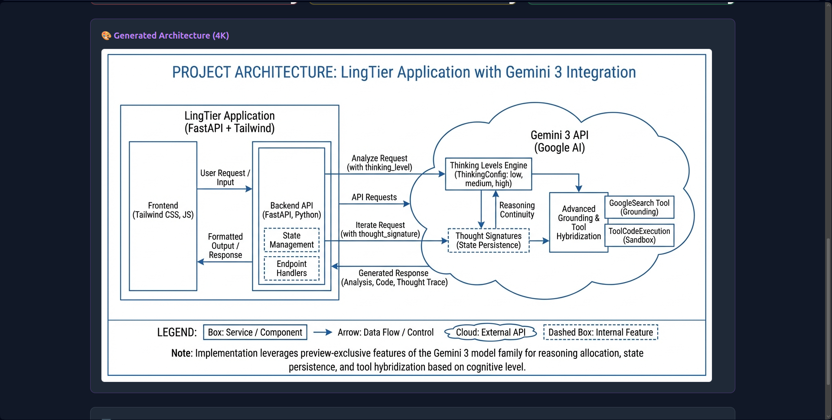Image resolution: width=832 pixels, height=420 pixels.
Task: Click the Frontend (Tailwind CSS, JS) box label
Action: pyautogui.click(x=163, y=210)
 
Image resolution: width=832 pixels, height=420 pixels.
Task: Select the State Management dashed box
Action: pyautogui.click(x=291, y=240)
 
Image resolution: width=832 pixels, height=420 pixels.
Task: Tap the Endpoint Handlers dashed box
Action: pyautogui.click(x=291, y=268)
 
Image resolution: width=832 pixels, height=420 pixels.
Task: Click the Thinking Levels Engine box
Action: pyautogui.click(x=488, y=174)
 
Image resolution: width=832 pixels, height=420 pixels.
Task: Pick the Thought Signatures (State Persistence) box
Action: pyautogui.click(x=488, y=241)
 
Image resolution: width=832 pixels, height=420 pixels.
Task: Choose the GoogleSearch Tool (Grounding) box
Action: pyautogui.click(x=639, y=207)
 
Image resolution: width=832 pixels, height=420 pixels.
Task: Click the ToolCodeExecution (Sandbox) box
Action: pyautogui.click(x=639, y=235)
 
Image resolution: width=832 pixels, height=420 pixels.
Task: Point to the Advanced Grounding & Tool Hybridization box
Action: pyautogui.click(x=578, y=222)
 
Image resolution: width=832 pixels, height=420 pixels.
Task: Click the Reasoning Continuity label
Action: pyautogui.click(x=517, y=210)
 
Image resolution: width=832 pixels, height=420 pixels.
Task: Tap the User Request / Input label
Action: pyautogui.click(x=225, y=178)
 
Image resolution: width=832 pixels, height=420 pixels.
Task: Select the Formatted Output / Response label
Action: pyautogui.click(x=225, y=246)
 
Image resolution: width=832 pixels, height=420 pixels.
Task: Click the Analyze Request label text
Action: pyautogui.click(x=379, y=163)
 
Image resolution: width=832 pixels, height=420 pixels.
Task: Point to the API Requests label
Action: pyautogui.click(x=374, y=197)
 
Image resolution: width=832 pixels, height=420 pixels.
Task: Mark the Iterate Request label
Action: pyautogui.click(x=380, y=230)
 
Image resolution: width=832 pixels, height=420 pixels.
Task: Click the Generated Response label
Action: pyautogui.click(x=394, y=278)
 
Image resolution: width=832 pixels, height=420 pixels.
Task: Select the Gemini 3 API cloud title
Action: pyautogui.click(x=559, y=141)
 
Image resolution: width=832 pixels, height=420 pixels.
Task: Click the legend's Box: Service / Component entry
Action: pyautogui.click(x=255, y=332)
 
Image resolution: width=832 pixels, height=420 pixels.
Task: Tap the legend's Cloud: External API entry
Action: pyautogui.click(x=490, y=332)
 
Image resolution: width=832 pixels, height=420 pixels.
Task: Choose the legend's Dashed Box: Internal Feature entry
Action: pyautogui.click(x=600, y=332)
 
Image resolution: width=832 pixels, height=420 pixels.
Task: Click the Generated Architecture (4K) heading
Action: pyautogui.click(x=171, y=36)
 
